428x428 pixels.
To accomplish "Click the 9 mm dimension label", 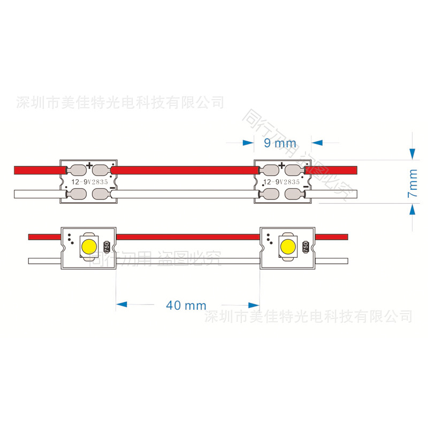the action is point(280,143).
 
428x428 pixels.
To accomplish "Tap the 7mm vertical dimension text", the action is point(412,184).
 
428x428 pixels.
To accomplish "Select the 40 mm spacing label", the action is point(186,305).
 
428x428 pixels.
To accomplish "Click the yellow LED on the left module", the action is point(88,246).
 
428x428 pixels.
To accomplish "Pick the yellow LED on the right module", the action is point(287,246).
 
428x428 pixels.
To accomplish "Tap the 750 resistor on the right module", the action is point(305,247).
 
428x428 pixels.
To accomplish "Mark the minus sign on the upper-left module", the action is point(112,188).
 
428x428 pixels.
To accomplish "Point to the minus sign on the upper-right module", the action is point(305,187).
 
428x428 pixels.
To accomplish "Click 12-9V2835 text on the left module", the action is point(88,182).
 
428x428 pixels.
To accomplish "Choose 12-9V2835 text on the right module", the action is point(282,182).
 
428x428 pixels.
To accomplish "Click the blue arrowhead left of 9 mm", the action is point(248,143).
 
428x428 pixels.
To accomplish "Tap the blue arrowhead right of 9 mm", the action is point(317,143).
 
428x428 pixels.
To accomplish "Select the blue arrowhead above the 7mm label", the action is point(412,154).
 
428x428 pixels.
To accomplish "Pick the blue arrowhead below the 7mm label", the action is point(412,210).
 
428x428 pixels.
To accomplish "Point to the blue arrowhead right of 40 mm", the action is point(253,304).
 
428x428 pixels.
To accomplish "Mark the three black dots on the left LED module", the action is point(70,236).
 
